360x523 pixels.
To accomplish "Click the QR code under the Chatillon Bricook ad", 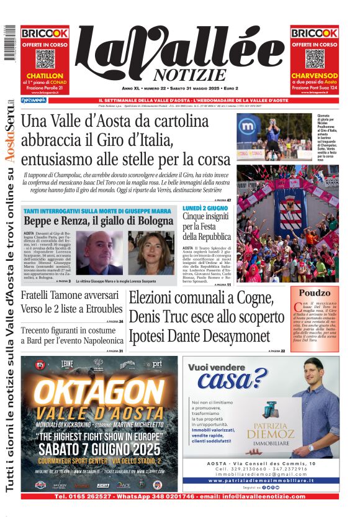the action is click(45, 58).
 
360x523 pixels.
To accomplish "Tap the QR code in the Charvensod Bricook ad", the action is click(314, 58).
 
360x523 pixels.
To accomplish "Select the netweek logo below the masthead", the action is click(33, 100).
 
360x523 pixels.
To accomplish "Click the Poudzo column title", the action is click(315, 293).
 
